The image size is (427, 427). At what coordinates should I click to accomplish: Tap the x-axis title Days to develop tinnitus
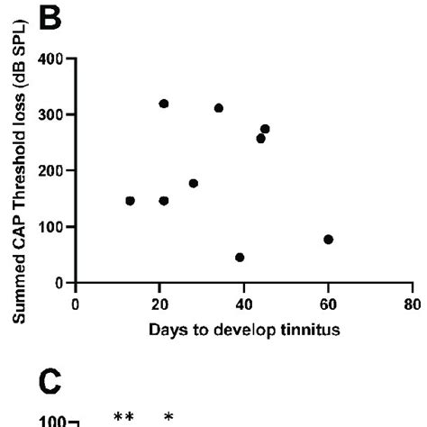[x=245, y=329]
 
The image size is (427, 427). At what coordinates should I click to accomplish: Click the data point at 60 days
[x=328, y=240]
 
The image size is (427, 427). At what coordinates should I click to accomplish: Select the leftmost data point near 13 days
[x=130, y=201]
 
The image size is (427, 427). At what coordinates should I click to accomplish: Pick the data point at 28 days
[x=193, y=183]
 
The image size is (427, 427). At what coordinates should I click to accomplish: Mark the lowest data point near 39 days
[x=240, y=258]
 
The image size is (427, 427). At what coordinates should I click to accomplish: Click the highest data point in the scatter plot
[x=163, y=104]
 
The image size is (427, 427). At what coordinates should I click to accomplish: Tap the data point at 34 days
[x=219, y=108]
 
